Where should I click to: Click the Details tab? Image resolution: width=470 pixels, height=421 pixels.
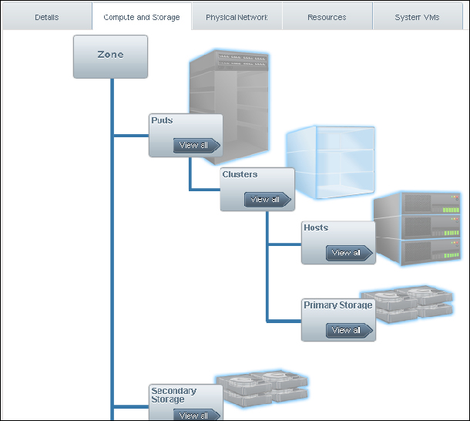(x=46, y=17)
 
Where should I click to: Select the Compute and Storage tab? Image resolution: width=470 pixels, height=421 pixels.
(x=142, y=17)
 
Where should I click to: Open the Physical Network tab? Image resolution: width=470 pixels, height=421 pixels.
(x=237, y=17)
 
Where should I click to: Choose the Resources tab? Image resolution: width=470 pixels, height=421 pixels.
(x=327, y=17)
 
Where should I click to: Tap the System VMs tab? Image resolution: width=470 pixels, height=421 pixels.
(x=417, y=17)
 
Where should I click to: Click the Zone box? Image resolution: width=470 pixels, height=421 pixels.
(x=110, y=56)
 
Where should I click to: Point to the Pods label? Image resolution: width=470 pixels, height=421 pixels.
(x=162, y=121)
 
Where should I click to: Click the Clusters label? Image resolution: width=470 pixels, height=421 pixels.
(x=240, y=175)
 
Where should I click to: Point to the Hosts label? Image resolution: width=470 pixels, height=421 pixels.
(x=316, y=228)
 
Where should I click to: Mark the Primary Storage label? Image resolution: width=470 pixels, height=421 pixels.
(x=338, y=305)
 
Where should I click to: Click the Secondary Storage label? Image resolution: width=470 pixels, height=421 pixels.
(x=173, y=395)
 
